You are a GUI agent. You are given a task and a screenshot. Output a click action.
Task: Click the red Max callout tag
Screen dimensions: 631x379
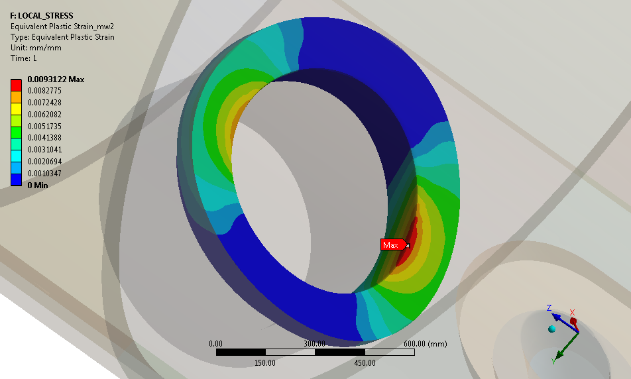click(394, 244)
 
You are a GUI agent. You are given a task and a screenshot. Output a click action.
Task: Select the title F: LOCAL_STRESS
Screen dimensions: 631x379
click(42, 16)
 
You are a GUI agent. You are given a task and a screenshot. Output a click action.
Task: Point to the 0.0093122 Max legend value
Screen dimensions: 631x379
click(56, 80)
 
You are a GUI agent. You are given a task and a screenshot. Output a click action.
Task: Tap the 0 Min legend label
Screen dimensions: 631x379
click(38, 185)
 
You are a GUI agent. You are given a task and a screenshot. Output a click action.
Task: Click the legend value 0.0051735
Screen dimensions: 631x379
click(44, 126)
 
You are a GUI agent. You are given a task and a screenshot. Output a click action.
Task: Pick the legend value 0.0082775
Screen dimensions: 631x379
click(44, 91)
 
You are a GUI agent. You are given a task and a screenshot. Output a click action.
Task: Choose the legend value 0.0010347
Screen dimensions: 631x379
click(44, 174)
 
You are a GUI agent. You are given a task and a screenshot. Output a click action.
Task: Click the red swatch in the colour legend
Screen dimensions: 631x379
click(16, 85)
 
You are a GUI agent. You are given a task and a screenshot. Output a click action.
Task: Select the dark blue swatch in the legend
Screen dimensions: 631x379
click(16, 180)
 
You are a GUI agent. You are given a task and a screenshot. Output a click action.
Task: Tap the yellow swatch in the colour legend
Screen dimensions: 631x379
click(16, 109)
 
